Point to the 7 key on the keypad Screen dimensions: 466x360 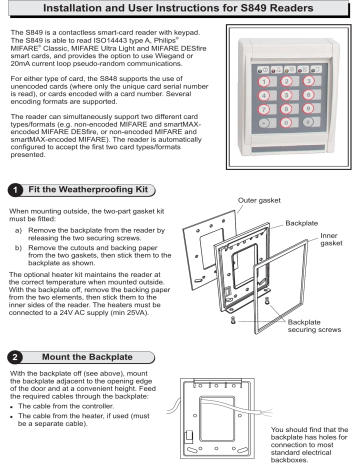[x=266, y=110]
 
